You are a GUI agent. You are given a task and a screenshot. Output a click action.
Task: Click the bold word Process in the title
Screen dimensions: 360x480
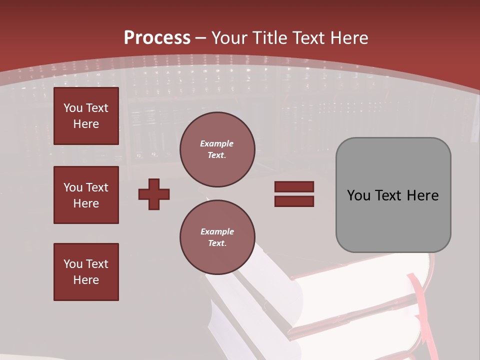157,38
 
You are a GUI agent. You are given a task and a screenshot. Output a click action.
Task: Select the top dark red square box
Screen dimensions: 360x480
86,116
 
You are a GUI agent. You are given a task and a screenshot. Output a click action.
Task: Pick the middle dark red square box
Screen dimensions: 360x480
86,195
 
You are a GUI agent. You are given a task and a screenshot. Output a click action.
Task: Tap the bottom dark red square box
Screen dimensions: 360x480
86,272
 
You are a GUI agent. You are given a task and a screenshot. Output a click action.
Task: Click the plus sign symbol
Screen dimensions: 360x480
154,194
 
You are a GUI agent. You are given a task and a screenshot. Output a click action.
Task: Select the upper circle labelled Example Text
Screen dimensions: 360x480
217,149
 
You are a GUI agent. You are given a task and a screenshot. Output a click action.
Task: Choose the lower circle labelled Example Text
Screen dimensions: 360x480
217,237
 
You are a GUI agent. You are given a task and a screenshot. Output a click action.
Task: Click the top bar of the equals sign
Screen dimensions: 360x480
294,186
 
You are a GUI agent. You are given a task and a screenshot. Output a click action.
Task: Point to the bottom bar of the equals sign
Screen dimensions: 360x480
294,201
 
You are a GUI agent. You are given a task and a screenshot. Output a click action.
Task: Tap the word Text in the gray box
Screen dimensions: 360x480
388,195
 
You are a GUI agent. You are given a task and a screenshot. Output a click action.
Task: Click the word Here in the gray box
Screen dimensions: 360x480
422,195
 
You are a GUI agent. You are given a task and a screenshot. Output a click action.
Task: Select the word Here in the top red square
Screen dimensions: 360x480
86,124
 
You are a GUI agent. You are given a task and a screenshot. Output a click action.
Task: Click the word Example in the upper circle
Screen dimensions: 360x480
217,143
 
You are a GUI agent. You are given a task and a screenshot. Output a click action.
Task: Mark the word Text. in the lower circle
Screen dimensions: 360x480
217,243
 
